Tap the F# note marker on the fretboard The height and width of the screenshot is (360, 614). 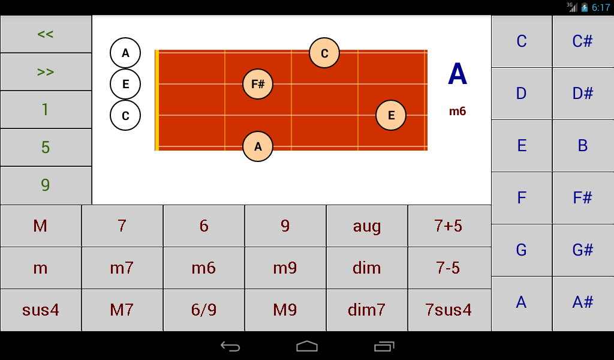258,84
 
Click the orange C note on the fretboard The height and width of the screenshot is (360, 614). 324,53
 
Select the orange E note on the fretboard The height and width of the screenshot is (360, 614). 391,115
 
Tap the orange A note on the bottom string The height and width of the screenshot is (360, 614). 258,146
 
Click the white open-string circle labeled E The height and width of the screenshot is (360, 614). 125,84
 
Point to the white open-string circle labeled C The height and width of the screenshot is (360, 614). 125,115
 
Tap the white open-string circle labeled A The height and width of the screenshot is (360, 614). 125,53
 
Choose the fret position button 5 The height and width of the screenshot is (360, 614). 46,147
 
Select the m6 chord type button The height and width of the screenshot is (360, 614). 204,268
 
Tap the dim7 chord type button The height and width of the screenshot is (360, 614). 367,310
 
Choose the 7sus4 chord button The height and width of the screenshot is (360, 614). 449,310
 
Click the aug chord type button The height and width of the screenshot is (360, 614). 367,226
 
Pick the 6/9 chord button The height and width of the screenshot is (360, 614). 204,310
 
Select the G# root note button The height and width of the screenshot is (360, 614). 583,250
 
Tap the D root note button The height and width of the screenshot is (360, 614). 521,94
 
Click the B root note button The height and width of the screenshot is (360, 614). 583,146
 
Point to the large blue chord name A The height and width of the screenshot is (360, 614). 458,74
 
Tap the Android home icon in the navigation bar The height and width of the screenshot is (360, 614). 307,346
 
